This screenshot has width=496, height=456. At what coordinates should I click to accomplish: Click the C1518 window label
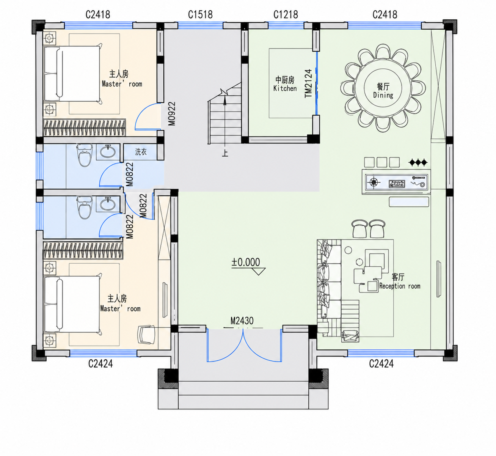pos(200,14)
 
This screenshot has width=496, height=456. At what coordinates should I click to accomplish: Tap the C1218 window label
pos(286,14)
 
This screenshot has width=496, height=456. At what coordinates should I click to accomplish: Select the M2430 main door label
pos(242,321)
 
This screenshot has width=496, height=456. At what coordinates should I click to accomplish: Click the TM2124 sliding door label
pos(308,83)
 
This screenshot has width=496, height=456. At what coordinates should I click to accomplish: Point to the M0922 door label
pos(172,113)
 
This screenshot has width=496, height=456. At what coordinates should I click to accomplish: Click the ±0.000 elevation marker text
pos(245,262)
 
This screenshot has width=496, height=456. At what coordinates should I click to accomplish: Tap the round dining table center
pos(383,88)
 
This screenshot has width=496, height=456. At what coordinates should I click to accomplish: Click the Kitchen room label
pos(285,88)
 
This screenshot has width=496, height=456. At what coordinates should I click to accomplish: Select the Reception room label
pos(400,286)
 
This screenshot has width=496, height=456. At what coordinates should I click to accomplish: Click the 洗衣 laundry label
pos(141,152)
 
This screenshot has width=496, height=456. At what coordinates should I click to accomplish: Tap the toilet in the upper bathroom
pos(84,155)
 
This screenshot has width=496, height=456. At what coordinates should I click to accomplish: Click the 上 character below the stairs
pos(225,153)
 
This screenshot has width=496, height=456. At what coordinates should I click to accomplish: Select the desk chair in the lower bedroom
pos(147,335)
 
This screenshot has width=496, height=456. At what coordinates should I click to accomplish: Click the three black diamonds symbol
pos(418,162)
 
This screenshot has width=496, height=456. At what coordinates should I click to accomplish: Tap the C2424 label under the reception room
pos(381,364)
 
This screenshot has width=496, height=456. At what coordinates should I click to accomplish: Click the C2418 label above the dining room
pos(385,14)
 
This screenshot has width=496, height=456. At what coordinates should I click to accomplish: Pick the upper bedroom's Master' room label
pos(122,84)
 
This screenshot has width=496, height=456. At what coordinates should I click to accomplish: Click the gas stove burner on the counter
pos(374,182)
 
